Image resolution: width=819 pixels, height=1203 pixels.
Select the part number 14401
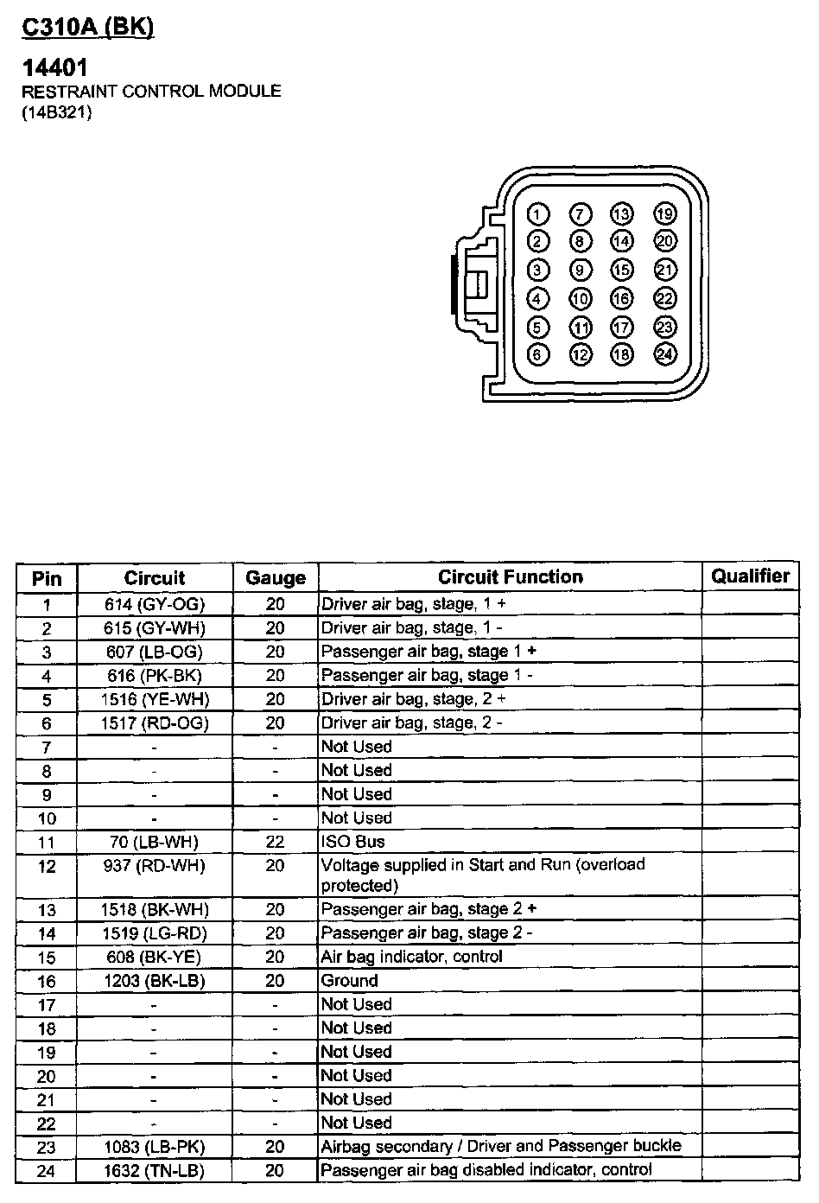pyautogui.click(x=55, y=67)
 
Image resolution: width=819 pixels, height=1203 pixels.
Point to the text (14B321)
pyautogui.click(x=57, y=112)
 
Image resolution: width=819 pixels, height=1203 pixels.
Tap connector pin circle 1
pyautogui.click(x=537, y=214)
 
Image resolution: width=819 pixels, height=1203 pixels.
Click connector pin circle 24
pyautogui.click(x=664, y=353)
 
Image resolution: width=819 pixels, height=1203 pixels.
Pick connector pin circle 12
pyautogui.click(x=580, y=353)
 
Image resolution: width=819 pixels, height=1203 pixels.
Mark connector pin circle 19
pyautogui.click(x=664, y=214)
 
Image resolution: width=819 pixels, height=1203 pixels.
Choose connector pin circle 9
pyautogui.click(x=580, y=271)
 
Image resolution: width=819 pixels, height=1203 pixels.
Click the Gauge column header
pyautogui.click(x=275, y=578)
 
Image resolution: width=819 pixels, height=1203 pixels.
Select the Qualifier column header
pyautogui.click(x=750, y=576)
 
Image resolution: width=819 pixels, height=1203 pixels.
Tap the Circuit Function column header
pyautogui.click(x=510, y=577)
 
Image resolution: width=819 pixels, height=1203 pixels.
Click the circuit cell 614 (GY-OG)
pyautogui.click(x=155, y=604)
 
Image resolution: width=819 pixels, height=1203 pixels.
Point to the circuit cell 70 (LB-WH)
pyautogui.click(x=155, y=842)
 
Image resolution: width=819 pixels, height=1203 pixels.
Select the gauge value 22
pyautogui.click(x=275, y=842)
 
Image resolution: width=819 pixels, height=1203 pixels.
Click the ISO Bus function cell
pyautogui.click(x=353, y=842)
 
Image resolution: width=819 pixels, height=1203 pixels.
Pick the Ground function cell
pyautogui.click(x=350, y=981)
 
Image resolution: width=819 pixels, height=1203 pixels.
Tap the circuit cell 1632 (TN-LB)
pyautogui.click(x=155, y=1171)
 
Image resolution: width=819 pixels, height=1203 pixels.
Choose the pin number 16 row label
pyautogui.click(x=47, y=981)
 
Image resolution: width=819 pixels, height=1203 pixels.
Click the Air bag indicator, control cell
pyautogui.click(x=411, y=957)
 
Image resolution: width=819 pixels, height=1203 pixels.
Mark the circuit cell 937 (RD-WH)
pyautogui.click(x=155, y=865)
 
